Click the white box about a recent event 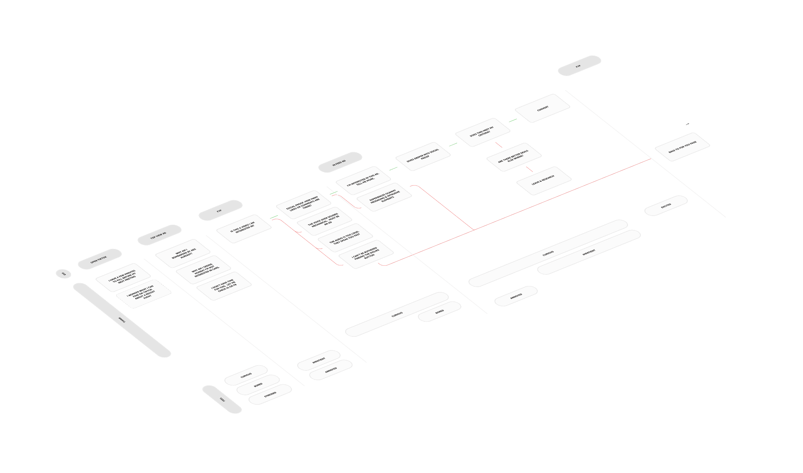coord(144,294)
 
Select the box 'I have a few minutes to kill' coord(123,277)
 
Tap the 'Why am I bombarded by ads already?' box coord(183,253)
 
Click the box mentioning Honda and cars coord(203,270)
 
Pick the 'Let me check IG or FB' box coord(224,286)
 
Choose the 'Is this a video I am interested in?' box coord(244,228)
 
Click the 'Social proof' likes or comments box coord(303,204)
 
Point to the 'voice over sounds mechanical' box coord(324,221)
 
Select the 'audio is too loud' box coord(345,237)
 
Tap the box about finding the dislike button coord(366,254)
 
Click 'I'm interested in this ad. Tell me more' coord(363,180)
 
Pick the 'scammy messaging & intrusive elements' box coord(384,197)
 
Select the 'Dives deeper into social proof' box coord(423,156)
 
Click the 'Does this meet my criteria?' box coord(482,132)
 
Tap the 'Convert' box coord(543,108)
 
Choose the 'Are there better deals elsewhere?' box coord(514,157)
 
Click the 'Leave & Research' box coord(544,181)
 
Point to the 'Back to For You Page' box coord(682,147)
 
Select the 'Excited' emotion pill coord(666,206)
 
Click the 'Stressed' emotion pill coord(270,394)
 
